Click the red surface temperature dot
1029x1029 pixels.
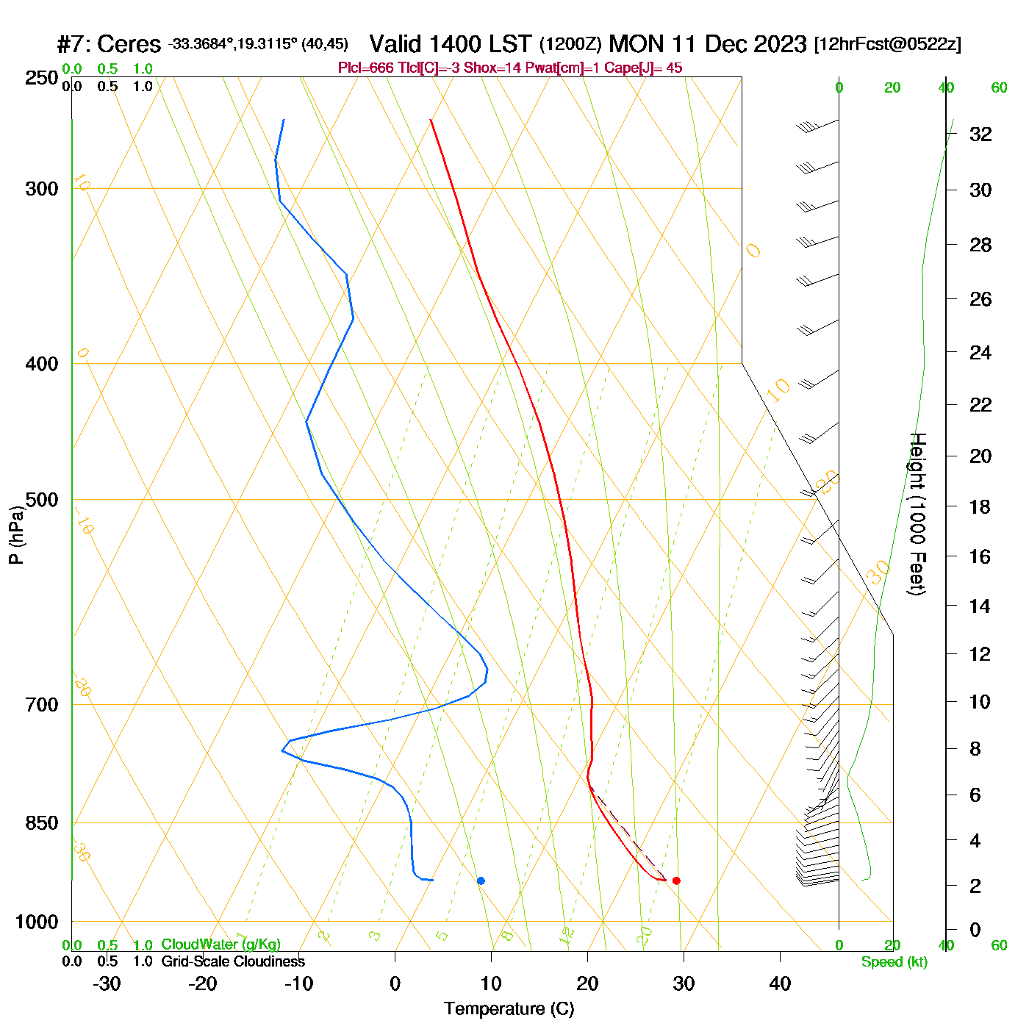[x=676, y=881]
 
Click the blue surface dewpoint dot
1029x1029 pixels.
[x=481, y=881]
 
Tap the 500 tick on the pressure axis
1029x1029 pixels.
[x=42, y=500]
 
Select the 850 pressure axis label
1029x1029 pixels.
[x=42, y=823]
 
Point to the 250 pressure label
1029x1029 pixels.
[x=42, y=78]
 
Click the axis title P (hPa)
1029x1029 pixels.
[x=16, y=534]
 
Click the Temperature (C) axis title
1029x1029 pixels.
[x=509, y=1009]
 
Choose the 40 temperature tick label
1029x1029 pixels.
[x=780, y=983]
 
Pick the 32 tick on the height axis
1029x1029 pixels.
[x=980, y=135]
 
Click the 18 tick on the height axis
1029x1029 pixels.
[x=980, y=507]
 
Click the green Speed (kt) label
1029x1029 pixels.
[x=894, y=962]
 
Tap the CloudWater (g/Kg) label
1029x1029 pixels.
[x=220, y=944]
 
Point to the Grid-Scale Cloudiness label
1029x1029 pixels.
[x=233, y=961]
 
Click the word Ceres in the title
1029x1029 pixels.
[x=129, y=44]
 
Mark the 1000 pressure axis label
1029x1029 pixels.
[x=37, y=922]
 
